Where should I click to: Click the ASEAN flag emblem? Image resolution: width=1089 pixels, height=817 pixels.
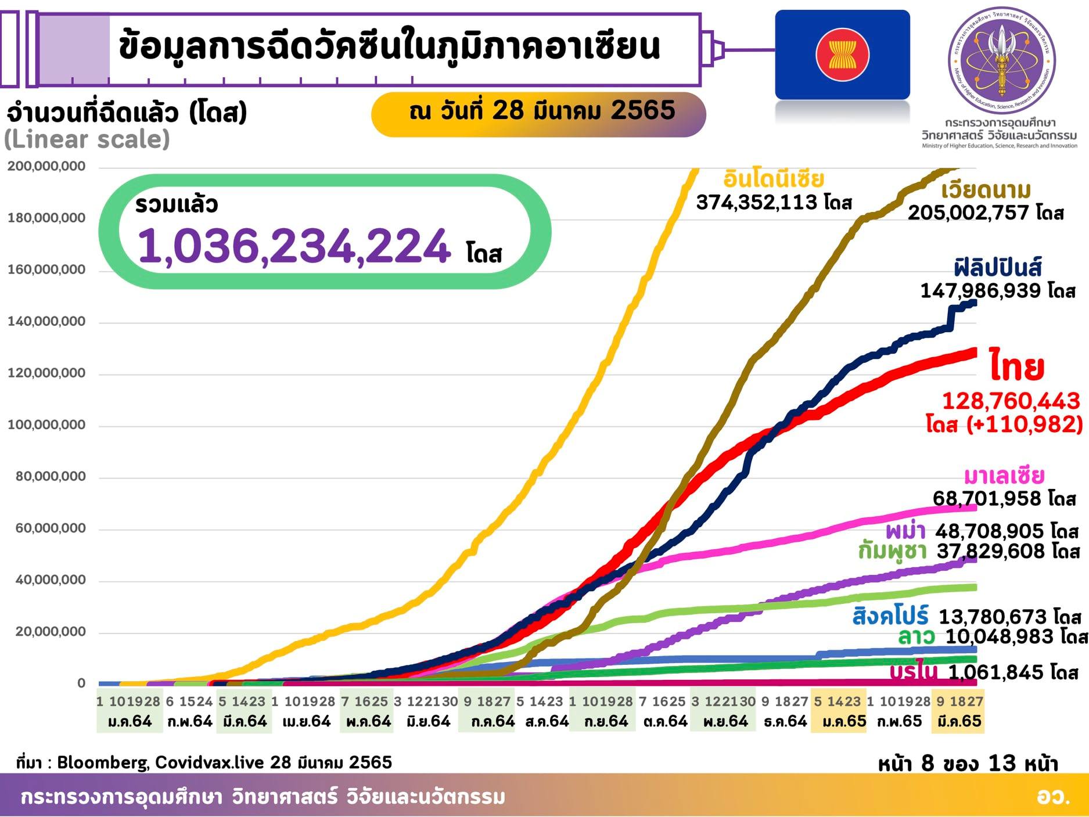[842, 55]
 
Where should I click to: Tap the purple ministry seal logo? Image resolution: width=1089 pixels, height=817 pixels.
[1001, 62]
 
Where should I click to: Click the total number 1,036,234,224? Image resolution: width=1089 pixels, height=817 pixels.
[294, 246]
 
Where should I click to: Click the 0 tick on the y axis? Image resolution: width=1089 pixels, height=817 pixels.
[81, 683]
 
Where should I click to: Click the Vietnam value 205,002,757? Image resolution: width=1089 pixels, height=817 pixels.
[968, 213]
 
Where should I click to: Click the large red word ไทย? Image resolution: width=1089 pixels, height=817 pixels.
[1016, 366]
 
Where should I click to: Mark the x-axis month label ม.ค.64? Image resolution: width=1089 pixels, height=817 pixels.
[130, 722]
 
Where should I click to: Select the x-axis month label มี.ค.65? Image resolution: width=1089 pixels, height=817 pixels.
[959, 722]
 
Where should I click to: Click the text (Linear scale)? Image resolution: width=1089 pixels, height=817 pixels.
[87, 139]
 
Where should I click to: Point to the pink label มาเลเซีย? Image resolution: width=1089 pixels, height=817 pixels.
[1004, 476]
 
